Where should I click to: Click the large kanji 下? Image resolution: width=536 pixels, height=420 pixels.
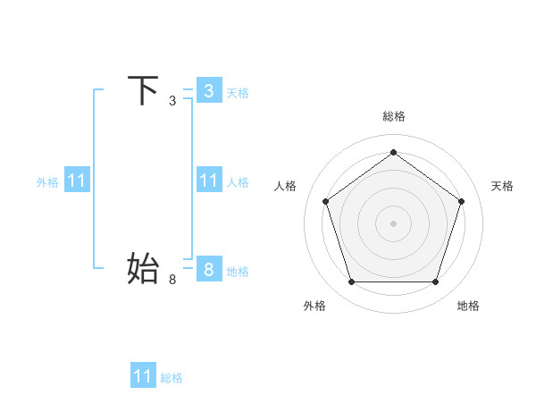pyautogui.click(x=144, y=91)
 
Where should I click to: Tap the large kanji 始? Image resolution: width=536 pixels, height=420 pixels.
pyautogui.click(x=144, y=268)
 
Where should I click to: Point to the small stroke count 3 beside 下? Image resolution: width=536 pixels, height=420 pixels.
pyautogui.click(x=172, y=101)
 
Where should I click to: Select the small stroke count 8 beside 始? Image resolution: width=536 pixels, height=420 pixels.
pyautogui.click(x=172, y=280)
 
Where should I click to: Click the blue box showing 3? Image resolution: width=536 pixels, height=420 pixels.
pyautogui.click(x=209, y=91)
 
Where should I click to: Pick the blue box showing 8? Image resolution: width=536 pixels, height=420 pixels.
pyautogui.click(x=209, y=270)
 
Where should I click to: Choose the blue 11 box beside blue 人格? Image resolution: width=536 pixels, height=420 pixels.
pyautogui.click(x=209, y=181)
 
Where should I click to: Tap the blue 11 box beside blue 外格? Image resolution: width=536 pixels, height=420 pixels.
pyautogui.click(x=77, y=181)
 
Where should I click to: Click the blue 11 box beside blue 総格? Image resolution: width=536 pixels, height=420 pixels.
pyautogui.click(x=143, y=376)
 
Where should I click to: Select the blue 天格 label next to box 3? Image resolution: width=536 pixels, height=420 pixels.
pyautogui.click(x=238, y=93)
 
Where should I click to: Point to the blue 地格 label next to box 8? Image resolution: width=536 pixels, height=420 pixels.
pyautogui.click(x=238, y=272)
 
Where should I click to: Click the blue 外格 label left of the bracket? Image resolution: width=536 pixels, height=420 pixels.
pyautogui.click(x=47, y=182)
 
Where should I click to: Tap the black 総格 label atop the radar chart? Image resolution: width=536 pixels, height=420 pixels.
pyautogui.click(x=393, y=116)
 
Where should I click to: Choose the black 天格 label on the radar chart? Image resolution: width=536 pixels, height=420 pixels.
pyautogui.click(x=503, y=186)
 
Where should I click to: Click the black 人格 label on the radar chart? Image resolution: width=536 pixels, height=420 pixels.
pyautogui.click(x=286, y=186)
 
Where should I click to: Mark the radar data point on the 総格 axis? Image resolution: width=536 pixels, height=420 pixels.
pyautogui.click(x=393, y=153)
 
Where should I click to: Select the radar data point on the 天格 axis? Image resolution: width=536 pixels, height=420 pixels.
pyautogui.click(x=461, y=201)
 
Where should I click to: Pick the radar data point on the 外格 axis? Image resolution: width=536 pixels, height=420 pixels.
pyautogui.click(x=351, y=282)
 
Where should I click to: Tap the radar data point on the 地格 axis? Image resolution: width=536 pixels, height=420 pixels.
pyautogui.click(x=435, y=282)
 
